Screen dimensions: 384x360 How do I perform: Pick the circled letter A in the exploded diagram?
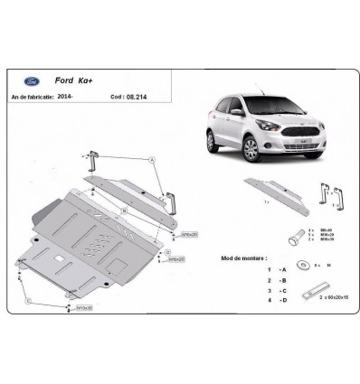click(x=152, y=159)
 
